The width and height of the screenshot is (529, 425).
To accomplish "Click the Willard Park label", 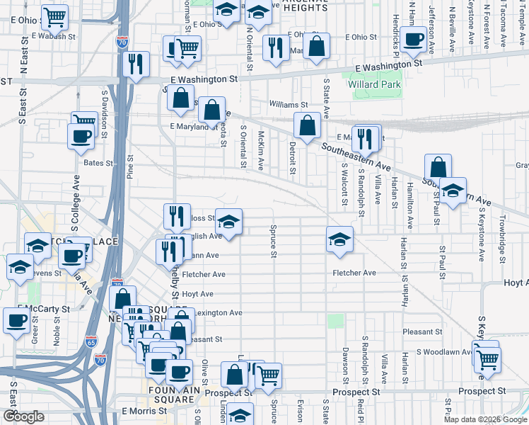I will click(374, 85).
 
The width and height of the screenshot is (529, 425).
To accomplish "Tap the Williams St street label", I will click(288, 105).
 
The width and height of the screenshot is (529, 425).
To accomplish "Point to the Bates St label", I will click(98, 163).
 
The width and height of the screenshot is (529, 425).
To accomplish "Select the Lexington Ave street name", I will click(219, 312).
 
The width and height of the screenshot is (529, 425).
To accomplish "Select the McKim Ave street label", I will click(261, 150).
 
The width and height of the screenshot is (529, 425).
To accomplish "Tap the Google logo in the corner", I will click(23, 417).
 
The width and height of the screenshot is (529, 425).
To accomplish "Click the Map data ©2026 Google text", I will click(484, 419).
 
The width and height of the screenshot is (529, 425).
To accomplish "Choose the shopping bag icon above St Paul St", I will click(438, 167).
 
